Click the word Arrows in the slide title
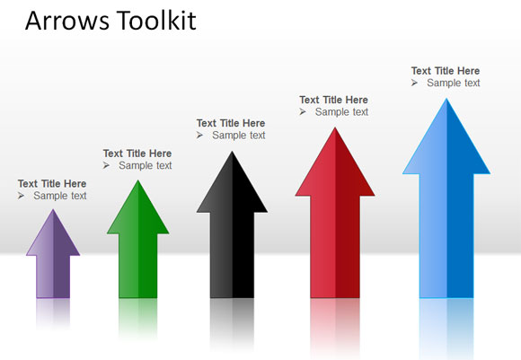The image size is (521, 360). (66, 22)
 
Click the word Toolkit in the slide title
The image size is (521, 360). (155, 22)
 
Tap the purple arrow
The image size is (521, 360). (53, 260)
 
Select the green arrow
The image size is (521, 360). (137, 247)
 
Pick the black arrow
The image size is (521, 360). (232, 233)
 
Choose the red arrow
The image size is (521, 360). (335, 224)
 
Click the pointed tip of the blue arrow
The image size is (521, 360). (446, 101)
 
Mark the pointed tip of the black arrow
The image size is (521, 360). (232, 154)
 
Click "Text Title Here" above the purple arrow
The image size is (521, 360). (52, 184)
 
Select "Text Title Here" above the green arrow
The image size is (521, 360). (137, 154)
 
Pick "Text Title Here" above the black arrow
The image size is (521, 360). (231, 123)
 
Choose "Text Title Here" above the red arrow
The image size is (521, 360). (333, 100)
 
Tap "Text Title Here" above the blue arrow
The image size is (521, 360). (446, 71)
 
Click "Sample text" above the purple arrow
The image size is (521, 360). (60, 196)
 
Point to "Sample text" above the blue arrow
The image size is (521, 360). (454, 83)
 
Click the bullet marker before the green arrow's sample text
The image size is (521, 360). (107, 165)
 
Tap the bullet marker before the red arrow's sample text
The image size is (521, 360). (304, 112)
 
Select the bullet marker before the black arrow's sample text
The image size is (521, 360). (200, 136)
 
